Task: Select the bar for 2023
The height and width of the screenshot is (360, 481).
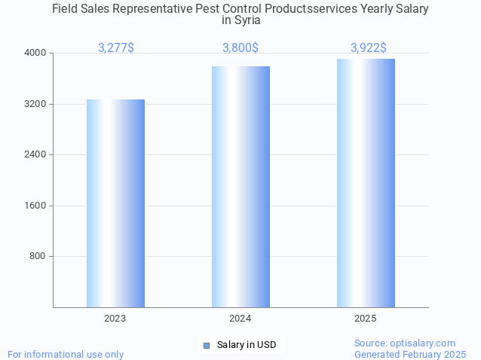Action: click(x=115, y=203)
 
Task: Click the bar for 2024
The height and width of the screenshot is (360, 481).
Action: click(x=240, y=187)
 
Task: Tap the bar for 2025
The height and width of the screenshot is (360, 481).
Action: click(x=366, y=183)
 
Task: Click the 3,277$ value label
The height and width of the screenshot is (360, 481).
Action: click(x=116, y=48)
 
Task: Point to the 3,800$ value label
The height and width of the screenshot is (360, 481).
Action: click(x=240, y=48)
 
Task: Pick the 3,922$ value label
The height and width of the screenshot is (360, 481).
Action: click(x=369, y=48)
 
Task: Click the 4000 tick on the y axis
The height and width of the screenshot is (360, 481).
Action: click(x=36, y=53)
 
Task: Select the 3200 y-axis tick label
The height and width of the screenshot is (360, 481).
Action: click(x=36, y=104)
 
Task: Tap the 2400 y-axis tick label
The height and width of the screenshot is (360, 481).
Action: click(x=36, y=154)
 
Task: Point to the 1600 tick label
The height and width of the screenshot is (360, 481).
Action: click(x=36, y=206)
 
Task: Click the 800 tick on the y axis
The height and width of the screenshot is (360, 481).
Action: click(x=38, y=256)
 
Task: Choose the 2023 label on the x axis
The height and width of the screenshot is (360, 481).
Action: click(x=115, y=319)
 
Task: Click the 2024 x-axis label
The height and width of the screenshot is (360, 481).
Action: click(x=240, y=319)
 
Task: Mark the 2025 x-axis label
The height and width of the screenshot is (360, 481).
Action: click(x=366, y=319)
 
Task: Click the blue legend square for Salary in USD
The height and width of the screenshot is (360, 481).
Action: click(x=206, y=346)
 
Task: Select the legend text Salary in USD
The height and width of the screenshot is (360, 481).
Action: click(x=247, y=345)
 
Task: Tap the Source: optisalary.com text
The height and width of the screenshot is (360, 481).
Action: click(x=405, y=343)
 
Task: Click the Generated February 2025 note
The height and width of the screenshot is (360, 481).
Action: click(x=410, y=354)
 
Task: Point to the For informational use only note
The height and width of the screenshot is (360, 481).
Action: click(x=66, y=354)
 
